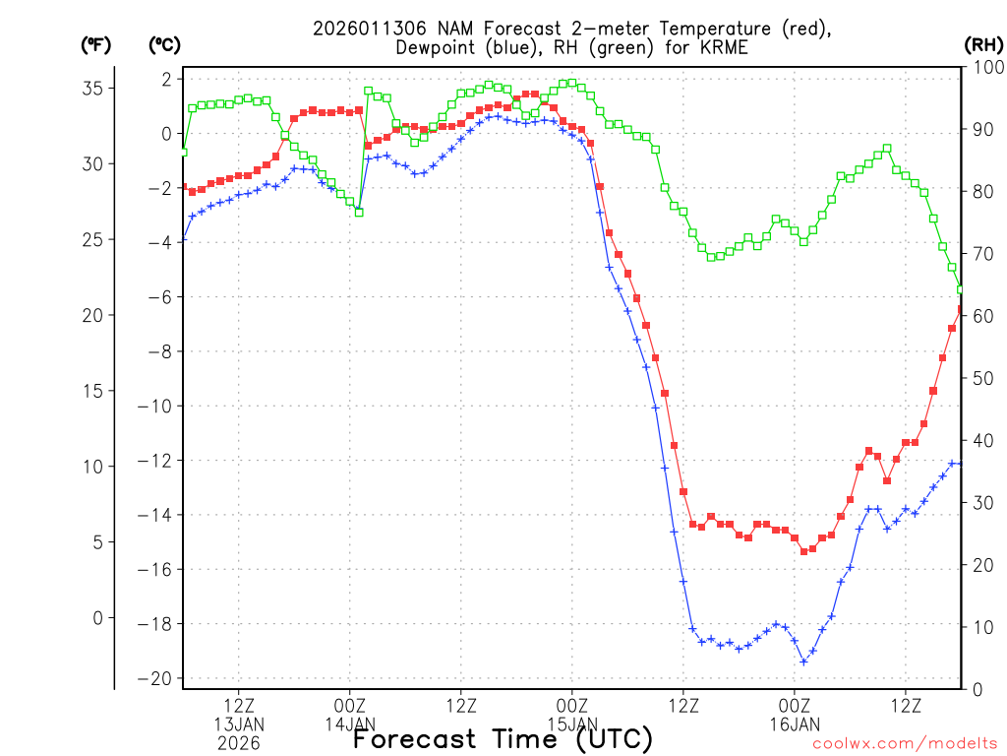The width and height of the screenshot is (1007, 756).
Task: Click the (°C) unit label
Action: (x=165, y=44)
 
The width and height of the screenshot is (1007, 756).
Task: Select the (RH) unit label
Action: (x=983, y=44)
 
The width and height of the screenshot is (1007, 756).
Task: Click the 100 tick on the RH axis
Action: (x=985, y=67)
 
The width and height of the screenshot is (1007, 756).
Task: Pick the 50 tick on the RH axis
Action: (x=981, y=378)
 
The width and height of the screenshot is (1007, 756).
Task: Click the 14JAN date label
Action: (x=350, y=724)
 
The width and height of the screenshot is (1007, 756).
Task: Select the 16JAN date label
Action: (x=795, y=724)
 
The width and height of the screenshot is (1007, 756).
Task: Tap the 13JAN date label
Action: (x=239, y=724)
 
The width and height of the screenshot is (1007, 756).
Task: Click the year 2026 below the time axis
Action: (x=239, y=743)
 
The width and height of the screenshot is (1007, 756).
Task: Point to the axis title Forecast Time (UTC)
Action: (x=503, y=738)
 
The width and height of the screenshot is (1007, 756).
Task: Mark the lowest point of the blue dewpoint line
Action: (x=803, y=661)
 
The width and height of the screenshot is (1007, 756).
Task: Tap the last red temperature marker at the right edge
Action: (x=961, y=309)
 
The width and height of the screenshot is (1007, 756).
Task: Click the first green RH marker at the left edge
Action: (x=183, y=152)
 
